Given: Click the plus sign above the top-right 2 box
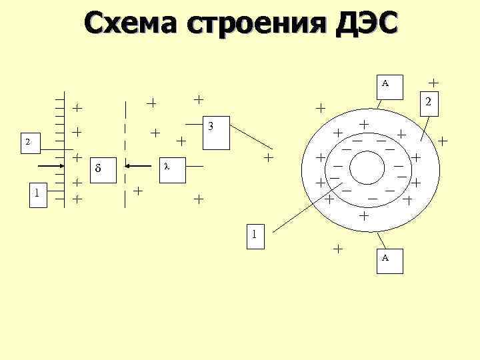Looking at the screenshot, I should pos(433,82).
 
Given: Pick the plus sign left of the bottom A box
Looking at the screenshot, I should pos(338,249).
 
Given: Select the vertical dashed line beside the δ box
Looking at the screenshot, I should pos(125,153).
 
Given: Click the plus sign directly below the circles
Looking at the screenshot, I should pos(363,217).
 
